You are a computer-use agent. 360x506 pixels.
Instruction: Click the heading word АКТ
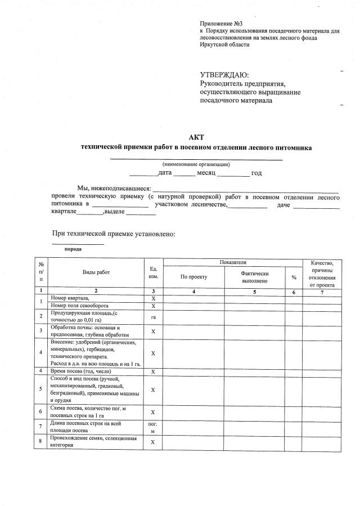[196, 137]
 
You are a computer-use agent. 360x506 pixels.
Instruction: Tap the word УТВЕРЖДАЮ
[224, 75]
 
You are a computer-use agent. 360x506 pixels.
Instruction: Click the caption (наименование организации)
[196, 164]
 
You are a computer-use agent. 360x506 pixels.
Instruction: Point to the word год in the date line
[256, 173]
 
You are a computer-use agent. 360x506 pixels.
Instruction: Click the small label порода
[73, 249]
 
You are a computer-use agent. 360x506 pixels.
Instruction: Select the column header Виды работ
[96, 272]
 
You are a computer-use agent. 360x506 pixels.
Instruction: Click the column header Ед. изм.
[153, 272]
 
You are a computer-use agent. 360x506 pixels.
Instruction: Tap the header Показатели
[233, 263]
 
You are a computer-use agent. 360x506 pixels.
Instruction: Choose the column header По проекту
[194, 277]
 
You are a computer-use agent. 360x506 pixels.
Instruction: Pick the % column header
[294, 277]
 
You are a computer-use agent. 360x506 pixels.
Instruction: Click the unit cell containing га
[153, 317]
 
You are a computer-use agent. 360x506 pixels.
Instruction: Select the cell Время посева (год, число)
[81, 371]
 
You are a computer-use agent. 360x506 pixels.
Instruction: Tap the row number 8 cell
[41, 441]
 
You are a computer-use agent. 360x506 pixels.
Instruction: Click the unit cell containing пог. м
[153, 427]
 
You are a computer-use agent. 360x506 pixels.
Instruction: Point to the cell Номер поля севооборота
[77, 306]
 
